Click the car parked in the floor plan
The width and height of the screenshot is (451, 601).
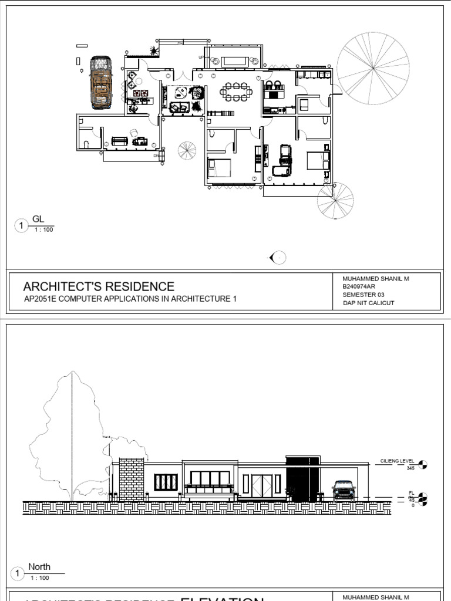click(x=102, y=82)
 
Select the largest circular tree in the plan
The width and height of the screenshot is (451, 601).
click(x=373, y=67)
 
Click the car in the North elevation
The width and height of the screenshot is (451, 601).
click(x=344, y=489)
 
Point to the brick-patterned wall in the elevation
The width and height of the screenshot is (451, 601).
click(x=132, y=479)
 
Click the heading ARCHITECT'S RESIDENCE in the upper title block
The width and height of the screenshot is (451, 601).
click(x=99, y=286)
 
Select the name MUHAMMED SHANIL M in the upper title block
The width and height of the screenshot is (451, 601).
click(x=375, y=279)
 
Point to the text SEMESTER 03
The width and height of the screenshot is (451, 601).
click(x=364, y=295)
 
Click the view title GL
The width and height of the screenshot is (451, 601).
click(x=38, y=219)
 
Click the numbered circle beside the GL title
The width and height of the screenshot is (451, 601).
click(x=21, y=225)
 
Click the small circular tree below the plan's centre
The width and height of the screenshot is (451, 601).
click(x=188, y=151)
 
